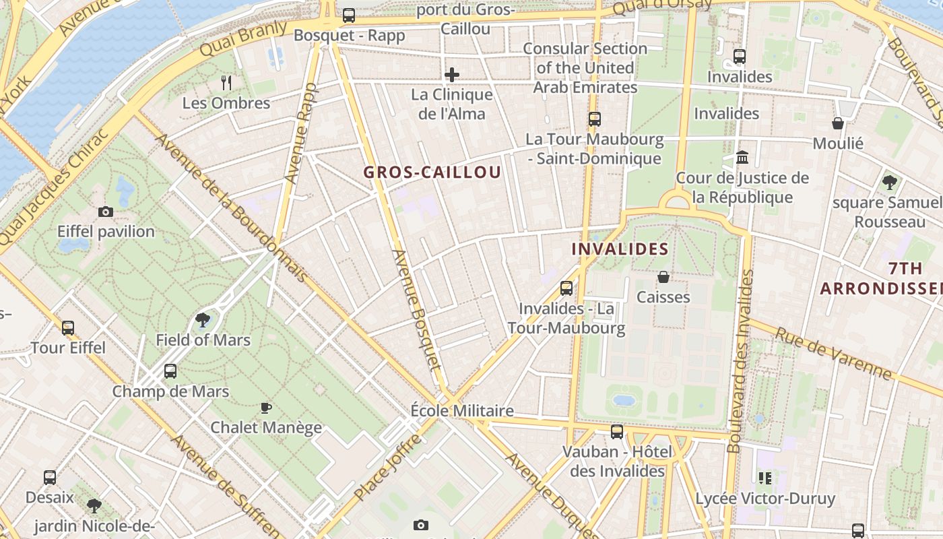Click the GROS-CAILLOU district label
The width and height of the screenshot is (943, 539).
tap(432, 172)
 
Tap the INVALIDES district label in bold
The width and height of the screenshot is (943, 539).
tap(620, 249)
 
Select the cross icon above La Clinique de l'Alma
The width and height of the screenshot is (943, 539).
tap(452, 74)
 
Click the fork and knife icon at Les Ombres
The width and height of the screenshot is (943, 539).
tap(226, 83)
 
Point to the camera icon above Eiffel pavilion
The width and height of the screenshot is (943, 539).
tap(106, 212)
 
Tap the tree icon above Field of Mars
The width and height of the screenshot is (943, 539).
tap(203, 320)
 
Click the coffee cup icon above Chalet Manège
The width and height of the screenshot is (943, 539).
tap(266, 408)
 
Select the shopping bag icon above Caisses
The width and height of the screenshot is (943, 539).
tap(663, 277)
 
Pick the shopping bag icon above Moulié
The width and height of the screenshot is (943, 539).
tap(838, 123)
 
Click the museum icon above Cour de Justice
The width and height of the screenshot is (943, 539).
tap(742, 157)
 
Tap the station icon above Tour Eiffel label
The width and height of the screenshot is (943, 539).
tap(68, 328)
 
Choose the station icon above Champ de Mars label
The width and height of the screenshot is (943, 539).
tap(170, 371)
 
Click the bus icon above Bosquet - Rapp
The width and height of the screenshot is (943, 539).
tap(348, 15)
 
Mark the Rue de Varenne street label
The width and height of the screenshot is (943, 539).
tap(834, 353)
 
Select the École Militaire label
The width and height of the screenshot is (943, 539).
tap(462, 410)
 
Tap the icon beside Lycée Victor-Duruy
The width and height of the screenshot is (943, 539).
tap(765, 478)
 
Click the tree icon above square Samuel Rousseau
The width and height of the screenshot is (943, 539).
tap(889, 182)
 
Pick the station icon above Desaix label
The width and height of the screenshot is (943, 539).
tap(50, 478)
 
